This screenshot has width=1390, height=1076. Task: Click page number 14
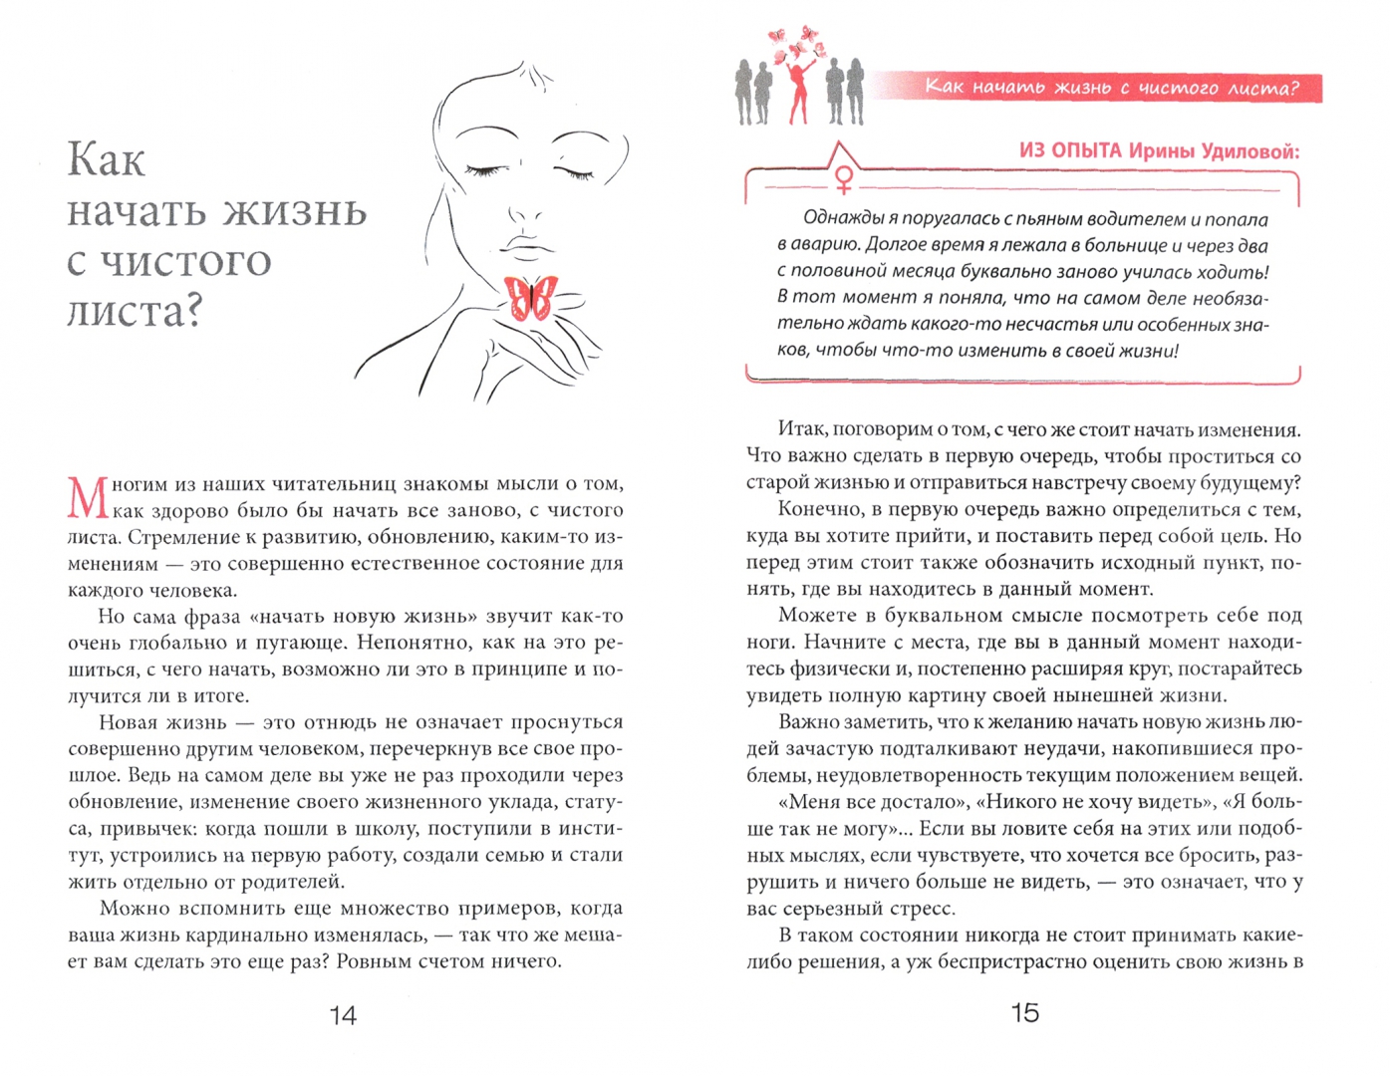coord(343,1015)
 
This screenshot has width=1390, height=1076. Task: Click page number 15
coord(1024,1013)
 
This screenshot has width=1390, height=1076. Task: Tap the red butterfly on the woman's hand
coord(531,297)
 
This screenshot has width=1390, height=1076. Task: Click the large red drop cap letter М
coord(88,497)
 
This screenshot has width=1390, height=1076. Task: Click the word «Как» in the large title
coord(106,161)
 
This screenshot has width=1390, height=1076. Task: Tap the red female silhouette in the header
coord(799,90)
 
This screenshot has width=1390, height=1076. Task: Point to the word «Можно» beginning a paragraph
coord(135,909)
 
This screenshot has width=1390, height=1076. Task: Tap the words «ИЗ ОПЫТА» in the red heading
coord(1070,151)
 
